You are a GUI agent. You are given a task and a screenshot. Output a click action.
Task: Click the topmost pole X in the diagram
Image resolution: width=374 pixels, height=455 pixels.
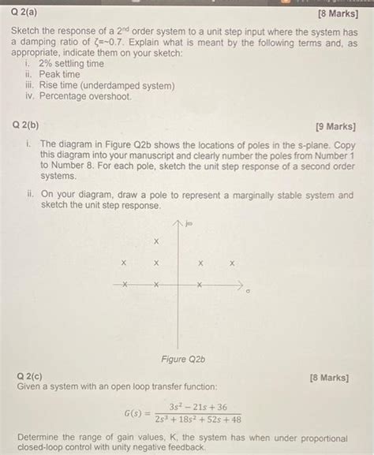click(156, 241)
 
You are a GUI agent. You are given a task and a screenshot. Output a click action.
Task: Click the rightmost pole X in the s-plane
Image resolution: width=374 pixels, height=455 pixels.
click(232, 263)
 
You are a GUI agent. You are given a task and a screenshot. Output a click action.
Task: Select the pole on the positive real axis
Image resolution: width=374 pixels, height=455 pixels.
click(200, 284)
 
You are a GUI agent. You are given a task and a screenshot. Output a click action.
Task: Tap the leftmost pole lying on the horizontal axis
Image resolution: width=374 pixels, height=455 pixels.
click(123, 284)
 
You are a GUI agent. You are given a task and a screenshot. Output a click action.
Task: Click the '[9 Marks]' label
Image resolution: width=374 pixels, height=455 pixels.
click(335, 126)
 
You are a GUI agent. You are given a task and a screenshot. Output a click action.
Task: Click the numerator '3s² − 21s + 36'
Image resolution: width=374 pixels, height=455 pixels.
click(193, 406)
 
